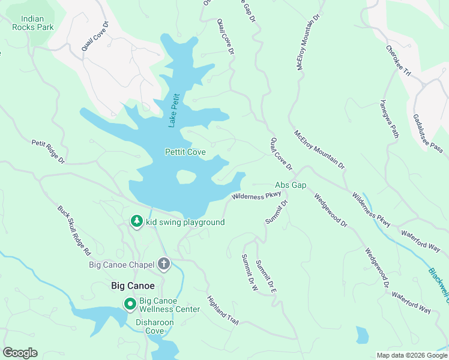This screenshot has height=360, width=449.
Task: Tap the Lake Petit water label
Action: [174, 110]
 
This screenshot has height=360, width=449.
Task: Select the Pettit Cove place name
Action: [185, 152]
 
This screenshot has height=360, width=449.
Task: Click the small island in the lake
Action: [186, 176]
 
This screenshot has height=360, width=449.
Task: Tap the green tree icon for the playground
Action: [137, 222]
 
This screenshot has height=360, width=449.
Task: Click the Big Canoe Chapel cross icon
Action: [164, 263]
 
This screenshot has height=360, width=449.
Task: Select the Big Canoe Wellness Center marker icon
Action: [130, 304]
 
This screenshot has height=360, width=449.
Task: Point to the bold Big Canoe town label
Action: [133, 286]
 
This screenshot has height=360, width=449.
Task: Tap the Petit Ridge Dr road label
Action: [48, 151]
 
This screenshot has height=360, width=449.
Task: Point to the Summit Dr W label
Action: [249, 273]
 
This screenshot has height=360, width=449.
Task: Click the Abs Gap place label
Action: [291, 185]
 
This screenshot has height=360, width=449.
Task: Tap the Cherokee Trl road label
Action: [398, 61]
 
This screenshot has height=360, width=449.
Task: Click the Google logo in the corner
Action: [20, 353]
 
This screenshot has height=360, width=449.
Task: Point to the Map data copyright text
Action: [412, 355]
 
